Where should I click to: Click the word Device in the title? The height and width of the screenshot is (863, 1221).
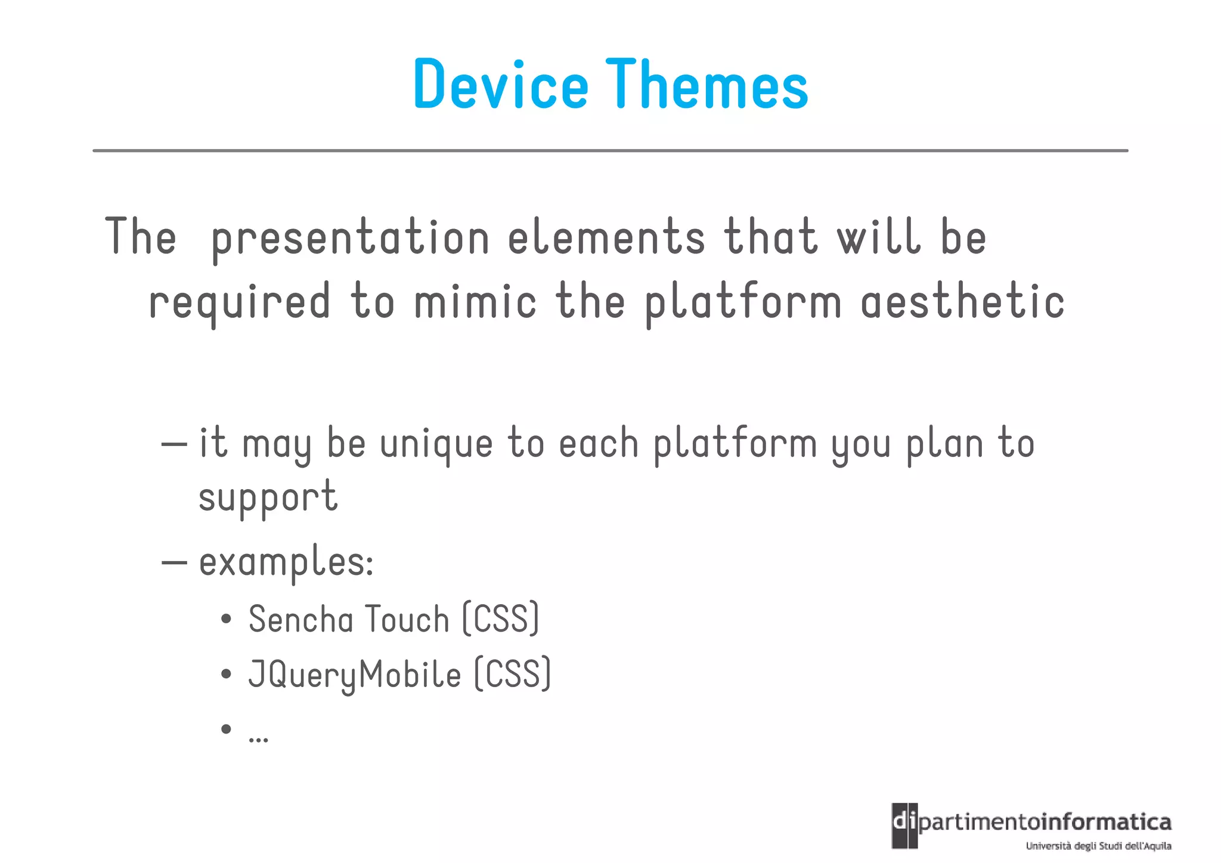pos(500,85)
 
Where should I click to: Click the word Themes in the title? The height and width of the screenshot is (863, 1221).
pos(706,85)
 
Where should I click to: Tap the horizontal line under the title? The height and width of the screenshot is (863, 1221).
pos(610,151)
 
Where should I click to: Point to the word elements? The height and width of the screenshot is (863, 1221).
pos(606,237)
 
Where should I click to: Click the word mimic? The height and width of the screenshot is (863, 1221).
pos(475,302)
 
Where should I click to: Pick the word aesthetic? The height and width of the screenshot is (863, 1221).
pos(962,302)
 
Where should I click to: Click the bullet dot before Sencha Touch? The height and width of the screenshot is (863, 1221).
pos(226,620)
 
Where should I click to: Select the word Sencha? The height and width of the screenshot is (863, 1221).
pos(301,619)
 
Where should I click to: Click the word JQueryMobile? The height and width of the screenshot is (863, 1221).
pos(355,675)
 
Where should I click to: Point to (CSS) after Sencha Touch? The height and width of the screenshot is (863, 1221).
pos(501,619)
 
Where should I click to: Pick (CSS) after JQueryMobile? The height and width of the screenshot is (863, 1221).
pos(513,675)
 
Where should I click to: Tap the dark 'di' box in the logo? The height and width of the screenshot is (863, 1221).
pos(904,825)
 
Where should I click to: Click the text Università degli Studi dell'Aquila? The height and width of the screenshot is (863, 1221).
pos(1098,846)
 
